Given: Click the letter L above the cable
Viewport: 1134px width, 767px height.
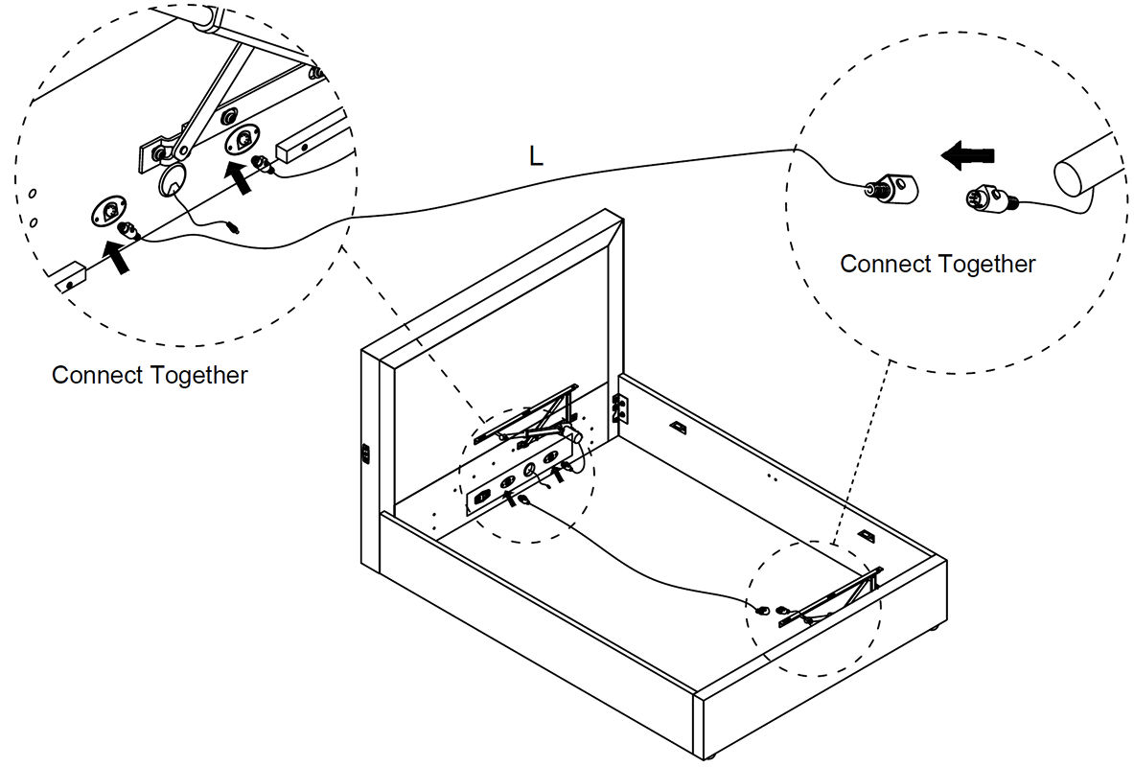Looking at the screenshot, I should [536, 156].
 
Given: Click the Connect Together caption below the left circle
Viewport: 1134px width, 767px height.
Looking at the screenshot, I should [150, 375].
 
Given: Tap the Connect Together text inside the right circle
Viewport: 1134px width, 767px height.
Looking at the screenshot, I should [937, 264].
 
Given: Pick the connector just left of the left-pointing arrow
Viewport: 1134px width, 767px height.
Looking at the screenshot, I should [891, 186].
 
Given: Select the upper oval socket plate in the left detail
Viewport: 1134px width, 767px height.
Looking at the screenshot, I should [241, 139].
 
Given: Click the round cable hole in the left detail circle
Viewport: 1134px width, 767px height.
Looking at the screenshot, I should [173, 181].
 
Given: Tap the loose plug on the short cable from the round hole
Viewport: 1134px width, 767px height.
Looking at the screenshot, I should [231, 229].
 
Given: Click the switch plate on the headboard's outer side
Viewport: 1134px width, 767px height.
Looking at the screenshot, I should [366, 453].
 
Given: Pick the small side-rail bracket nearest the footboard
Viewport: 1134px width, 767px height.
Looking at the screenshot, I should [867, 536].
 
